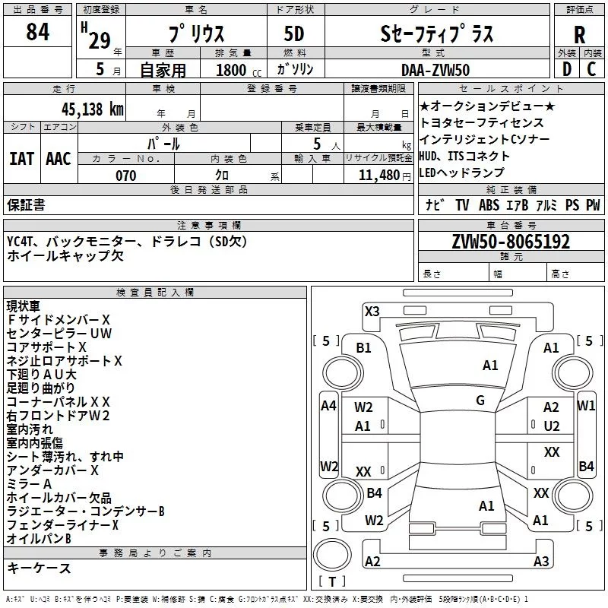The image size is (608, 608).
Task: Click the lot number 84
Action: tap(37, 33)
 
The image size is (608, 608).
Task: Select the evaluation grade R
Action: tap(579, 33)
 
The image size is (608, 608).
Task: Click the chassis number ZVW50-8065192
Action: tap(511, 242)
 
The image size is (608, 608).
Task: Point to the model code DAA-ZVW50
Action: tap(435, 70)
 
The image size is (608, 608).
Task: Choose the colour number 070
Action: tap(125, 176)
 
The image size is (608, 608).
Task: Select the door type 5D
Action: tap(294, 33)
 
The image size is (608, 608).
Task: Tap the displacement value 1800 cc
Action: tap(231, 70)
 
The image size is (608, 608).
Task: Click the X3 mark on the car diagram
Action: tap(372, 311)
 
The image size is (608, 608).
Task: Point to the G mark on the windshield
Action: tap(480, 401)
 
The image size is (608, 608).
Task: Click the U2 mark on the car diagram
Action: tap(552, 426)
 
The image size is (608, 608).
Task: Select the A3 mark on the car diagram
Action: tap(541, 562)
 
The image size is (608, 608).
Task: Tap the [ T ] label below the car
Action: tap(332, 582)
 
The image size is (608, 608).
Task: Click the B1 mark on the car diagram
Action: tap(364, 347)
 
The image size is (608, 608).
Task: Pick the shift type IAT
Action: tap(21, 158)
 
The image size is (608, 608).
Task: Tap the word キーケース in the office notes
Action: tap(39, 568)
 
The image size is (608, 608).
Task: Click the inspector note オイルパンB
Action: tap(39, 539)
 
